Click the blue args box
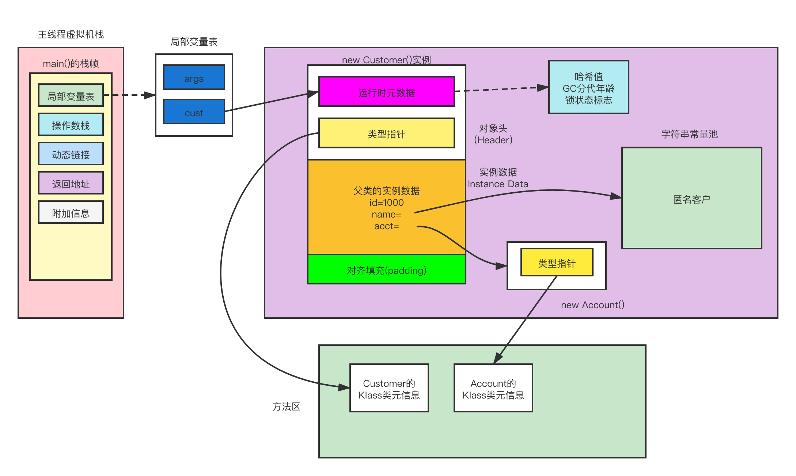coord(194,78)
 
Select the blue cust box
coord(194,112)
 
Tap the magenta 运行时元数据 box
coord(386,92)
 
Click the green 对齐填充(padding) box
coord(386,270)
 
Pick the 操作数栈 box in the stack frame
coord(71,125)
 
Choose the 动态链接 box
coord(71,154)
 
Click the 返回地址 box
coord(71,183)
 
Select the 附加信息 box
coord(71,212)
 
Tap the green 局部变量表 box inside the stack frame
coord(71,95)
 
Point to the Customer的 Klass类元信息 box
coord(389,388)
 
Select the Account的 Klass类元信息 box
coord(493,388)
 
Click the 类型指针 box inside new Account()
coord(557,263)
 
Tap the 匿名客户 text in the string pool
coord(691,199)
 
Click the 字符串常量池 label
coord(689,134)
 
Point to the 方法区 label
coord(286,407)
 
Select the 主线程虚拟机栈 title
coord(71,34)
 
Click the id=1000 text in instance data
coord(386,203)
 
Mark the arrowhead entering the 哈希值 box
coord(544,87)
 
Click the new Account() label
coord(592,305)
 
